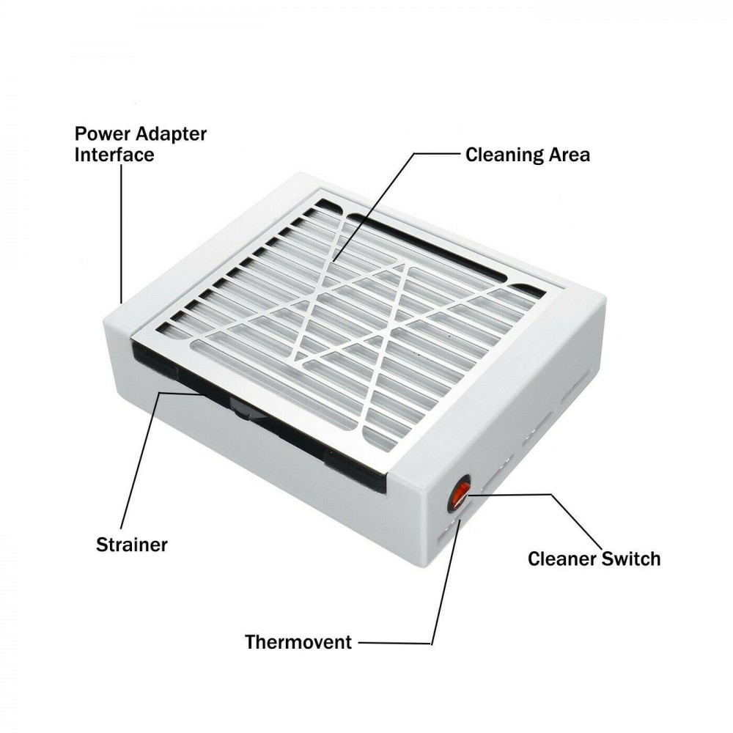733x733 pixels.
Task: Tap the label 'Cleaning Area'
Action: point(528,155)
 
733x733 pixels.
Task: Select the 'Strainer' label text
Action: point(132,545)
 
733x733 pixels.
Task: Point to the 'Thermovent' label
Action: point(298,643)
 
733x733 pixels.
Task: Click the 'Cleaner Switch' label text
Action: point(594,559)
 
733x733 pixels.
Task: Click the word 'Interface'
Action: point(114,155)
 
